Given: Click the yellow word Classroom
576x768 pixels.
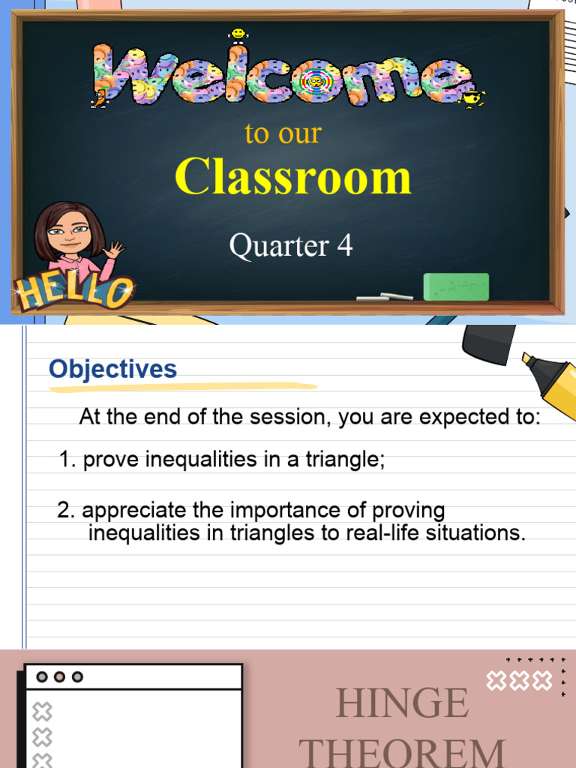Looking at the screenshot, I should tap(293, 178).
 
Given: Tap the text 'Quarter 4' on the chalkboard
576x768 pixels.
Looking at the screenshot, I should tap(290, 246).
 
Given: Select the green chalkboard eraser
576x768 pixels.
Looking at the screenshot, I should tap(456, 286).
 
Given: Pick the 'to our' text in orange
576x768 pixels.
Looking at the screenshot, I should tap(283, 133).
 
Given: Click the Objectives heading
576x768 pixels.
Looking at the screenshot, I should tap(112, 369).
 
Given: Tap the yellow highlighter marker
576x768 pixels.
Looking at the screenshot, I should tap(551, 382).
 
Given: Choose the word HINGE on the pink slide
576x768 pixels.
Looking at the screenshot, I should tap(402, 703).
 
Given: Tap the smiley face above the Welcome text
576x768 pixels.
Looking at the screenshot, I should tap(238, 34).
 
